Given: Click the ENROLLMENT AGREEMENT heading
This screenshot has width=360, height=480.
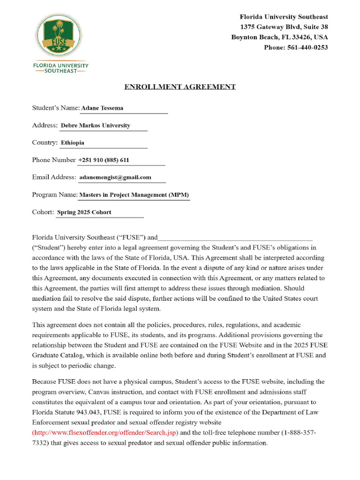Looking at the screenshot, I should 180,87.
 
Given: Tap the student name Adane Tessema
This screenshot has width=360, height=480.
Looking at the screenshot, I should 102,108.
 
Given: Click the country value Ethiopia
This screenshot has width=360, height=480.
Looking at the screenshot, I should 73,143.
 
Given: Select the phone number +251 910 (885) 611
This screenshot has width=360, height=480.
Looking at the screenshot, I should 104,160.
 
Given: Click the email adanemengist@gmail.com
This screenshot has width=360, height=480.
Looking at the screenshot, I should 115,177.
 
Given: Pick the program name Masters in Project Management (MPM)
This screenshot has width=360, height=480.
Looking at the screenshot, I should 134,195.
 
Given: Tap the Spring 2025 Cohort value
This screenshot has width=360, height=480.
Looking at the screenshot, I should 84,212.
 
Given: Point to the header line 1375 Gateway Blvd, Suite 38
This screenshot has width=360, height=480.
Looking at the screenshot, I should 284,27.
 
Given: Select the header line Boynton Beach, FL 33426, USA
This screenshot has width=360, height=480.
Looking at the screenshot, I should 279,37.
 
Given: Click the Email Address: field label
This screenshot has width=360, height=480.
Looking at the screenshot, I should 54,177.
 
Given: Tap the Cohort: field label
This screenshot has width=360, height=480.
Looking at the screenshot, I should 43,212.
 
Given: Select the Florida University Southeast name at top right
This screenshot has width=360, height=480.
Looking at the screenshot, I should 284,17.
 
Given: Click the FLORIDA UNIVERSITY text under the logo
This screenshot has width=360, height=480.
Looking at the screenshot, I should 60,66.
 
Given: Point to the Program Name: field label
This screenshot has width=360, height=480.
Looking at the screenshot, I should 54,195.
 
